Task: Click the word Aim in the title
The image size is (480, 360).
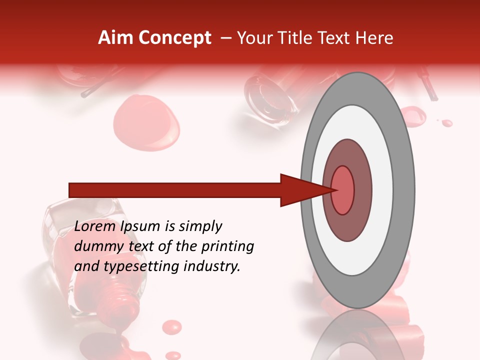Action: click(x=115, y=38)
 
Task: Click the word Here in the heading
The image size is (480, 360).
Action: click(x=374, y=38)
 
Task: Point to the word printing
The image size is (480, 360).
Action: click(x=228, y=247)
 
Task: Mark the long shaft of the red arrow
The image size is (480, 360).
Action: click(x=175, y=190)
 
